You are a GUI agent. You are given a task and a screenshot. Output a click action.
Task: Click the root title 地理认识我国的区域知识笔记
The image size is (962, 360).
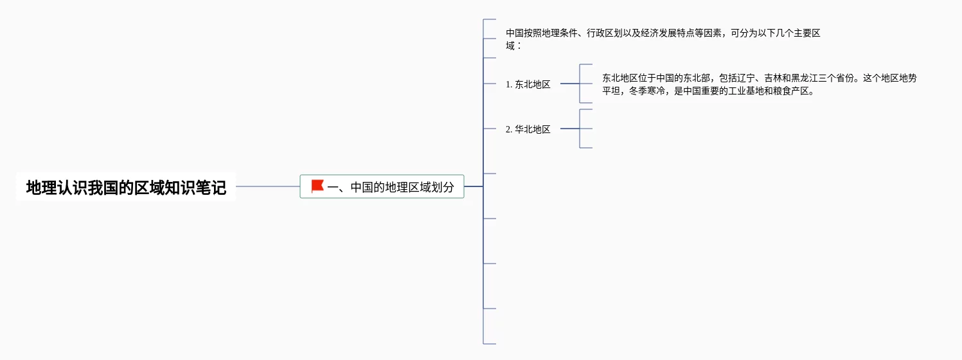[x=126, y=188]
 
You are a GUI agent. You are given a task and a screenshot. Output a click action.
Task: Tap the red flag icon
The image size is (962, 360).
[x=317, y=186]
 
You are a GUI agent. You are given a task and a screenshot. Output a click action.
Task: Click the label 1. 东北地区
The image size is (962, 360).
[x=528, y=84]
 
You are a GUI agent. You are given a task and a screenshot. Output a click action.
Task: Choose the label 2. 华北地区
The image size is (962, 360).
[x=528, y=129]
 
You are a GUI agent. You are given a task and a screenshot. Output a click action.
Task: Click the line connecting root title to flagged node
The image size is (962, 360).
[x=267, y=186]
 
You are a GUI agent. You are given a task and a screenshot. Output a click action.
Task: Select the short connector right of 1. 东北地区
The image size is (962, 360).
[x=569, y=84]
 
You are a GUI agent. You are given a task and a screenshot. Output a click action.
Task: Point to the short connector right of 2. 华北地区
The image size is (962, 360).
[x=569, y=129]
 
